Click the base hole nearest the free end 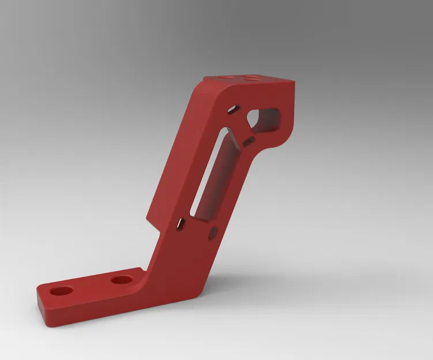[60, 290]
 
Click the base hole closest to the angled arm [122, 281]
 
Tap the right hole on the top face [251, 77]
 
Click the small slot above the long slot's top [234, 108]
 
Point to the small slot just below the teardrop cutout [249, 141]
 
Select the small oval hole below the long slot [213, 232]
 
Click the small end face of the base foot [42, 310]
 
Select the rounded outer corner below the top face [201, 86]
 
